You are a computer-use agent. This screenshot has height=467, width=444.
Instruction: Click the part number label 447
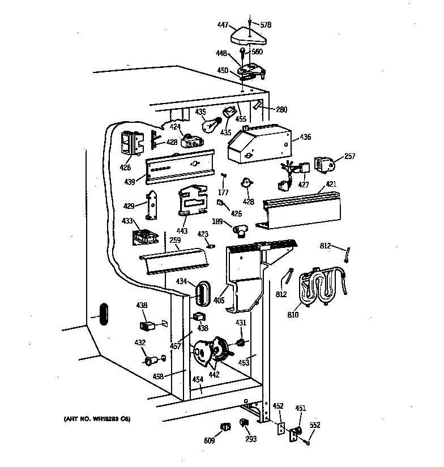pos(222,25)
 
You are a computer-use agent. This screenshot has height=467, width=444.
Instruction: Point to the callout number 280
pos(282,110)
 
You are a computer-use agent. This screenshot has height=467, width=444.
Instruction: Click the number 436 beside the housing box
pos(306,136)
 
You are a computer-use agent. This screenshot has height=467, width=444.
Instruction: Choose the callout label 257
pos(350,156)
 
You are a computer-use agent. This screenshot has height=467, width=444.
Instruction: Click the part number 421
pos(331,185)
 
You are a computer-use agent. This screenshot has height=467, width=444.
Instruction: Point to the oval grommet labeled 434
pos(202,293)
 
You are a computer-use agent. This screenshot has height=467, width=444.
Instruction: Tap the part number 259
pos(175,240)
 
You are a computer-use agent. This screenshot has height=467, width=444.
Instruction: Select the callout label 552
pos(315,424)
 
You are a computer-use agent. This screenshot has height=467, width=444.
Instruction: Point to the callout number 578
pos(266,25)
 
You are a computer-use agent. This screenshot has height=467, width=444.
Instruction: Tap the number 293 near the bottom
pos(251,439)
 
